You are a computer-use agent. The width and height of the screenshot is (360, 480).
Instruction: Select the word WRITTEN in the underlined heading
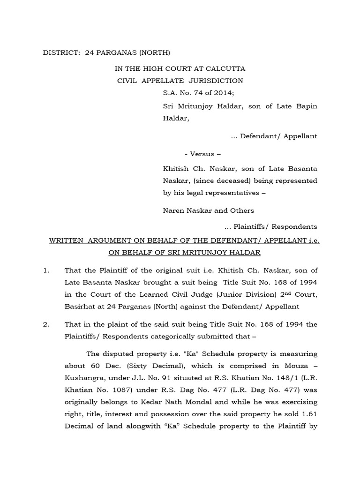pos(67,240)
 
